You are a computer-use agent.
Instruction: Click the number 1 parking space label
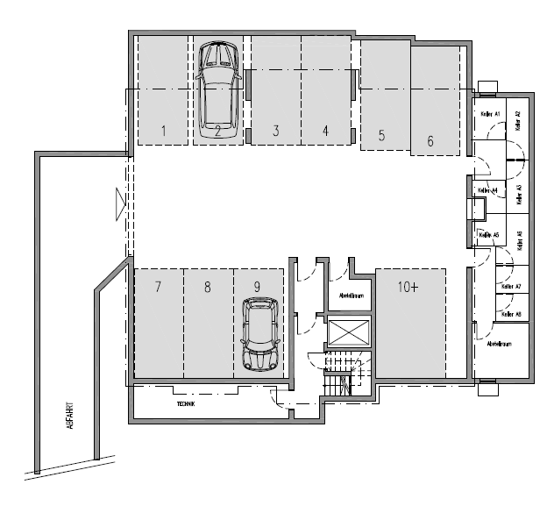(x=164, y=132)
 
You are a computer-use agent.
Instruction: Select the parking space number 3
(x=275, y=132)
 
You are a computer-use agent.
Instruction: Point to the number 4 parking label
(x=325, y=132)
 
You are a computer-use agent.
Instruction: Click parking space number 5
(x=381, y=136)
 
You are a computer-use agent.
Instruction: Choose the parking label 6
(x=430, y=140)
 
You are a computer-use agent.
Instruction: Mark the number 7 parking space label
(x=158, y=287)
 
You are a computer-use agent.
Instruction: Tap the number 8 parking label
(x=207, y=287)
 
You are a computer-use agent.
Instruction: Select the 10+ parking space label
(x=409, y=287)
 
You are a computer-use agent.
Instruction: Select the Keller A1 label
(x=488, y=115)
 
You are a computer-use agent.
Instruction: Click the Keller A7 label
(x=511, y=287)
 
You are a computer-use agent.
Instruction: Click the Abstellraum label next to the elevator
(x=350, y=296)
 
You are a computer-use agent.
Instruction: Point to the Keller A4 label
(x=487, y=190)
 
